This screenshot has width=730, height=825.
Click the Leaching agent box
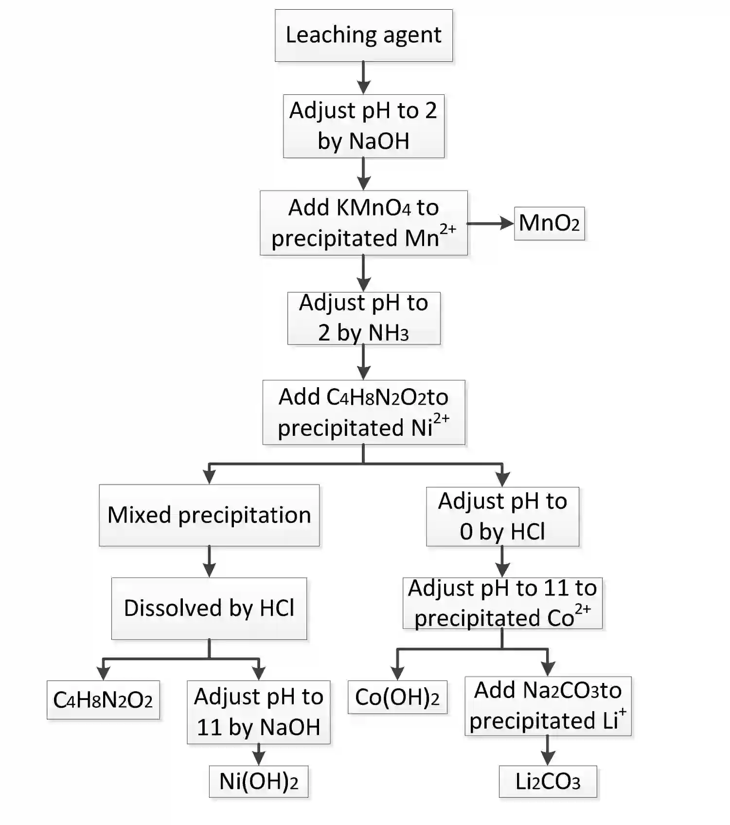(x=363, y=36)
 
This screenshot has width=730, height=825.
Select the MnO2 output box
(x=549, y=223)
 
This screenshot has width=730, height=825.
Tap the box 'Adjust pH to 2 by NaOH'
(x=363, y=126)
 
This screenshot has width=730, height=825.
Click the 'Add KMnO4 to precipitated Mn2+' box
(x=363, y=223)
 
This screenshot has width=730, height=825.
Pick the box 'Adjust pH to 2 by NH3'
(x=363, y=318)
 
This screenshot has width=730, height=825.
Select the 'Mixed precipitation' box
(x=209, y=515)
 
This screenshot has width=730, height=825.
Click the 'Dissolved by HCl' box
(x=209, y=608)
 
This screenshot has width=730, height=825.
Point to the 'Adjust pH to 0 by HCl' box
(x=502, y=516)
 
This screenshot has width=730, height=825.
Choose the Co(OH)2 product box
(x=397, y=697)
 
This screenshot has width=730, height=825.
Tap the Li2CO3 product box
(x=548, y=782)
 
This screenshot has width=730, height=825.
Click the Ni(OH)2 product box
(x=258, y=782)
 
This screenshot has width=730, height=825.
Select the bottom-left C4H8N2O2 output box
(x=103, y=700)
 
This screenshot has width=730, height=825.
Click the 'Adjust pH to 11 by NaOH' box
(x=258, y=712)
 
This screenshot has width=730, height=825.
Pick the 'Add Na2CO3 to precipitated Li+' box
(x=548, y=705)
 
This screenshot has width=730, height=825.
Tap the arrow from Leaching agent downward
(x=363, y=78)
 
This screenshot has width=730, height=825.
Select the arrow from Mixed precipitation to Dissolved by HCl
(x=209, y=561)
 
